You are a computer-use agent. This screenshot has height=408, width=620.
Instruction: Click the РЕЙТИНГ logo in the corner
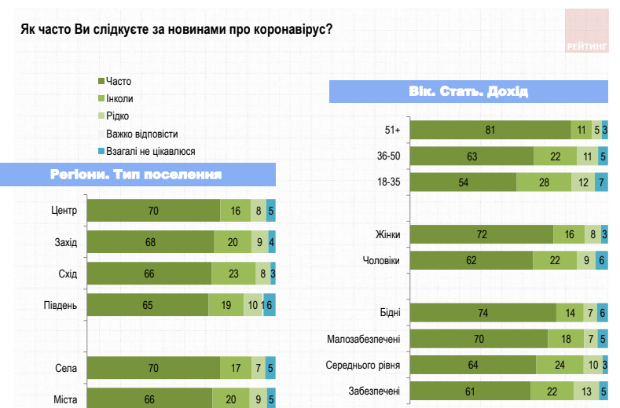click(x=586, y=31)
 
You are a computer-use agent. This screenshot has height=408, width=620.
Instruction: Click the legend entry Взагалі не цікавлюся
click(x=150, y=151)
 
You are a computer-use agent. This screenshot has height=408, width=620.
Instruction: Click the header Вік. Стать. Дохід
click(x=468, y=92)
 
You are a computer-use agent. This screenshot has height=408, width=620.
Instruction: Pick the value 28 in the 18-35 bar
click(x=544, y=182)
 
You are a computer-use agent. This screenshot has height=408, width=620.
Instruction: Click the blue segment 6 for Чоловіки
click(x=602, y=260)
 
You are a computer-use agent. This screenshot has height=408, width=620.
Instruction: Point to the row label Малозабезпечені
click(x=364, y=340)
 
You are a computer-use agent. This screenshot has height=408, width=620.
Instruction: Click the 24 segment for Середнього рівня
click(x=560, y=365)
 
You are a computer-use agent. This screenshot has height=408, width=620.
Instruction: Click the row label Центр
click(x=63, y=210)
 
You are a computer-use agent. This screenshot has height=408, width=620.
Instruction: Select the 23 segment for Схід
click(x=234, y=274)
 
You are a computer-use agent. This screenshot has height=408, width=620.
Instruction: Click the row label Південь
click(x=60, y=305)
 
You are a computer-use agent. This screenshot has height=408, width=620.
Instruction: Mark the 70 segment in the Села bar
click(x=153, y=367)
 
